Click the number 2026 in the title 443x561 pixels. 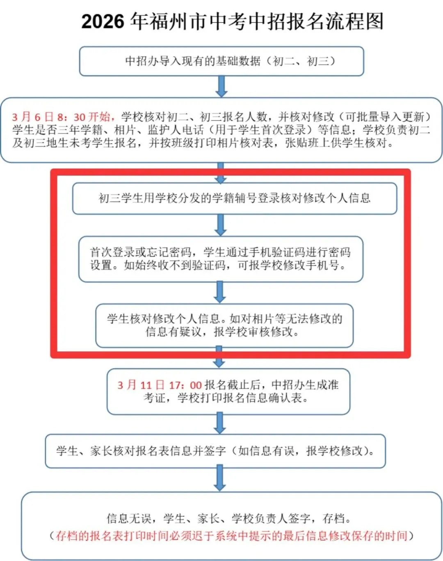click(x=103, y=21)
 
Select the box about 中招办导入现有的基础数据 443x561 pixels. click(x=221, y=61)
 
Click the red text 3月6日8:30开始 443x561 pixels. click(x=62, y=117)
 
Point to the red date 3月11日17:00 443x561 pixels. click(x=160, y=385)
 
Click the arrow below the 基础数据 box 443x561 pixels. click(x=221, y=86)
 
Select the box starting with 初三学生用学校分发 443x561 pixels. click(x=235, y=199)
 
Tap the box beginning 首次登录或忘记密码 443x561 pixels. click(x=221, y=259)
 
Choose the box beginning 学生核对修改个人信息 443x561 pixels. click(x=224, y=325)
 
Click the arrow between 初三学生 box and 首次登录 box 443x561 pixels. click(x=221, y=225)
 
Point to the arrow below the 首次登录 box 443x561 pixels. click(x=220, y=292)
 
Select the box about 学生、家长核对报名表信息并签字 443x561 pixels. click(x=215, y=451)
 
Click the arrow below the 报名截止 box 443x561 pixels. click(x=220, y=423)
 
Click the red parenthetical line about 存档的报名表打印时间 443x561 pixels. click(x=232, y=536)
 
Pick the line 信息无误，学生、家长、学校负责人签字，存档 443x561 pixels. click(x=229, y=518)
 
